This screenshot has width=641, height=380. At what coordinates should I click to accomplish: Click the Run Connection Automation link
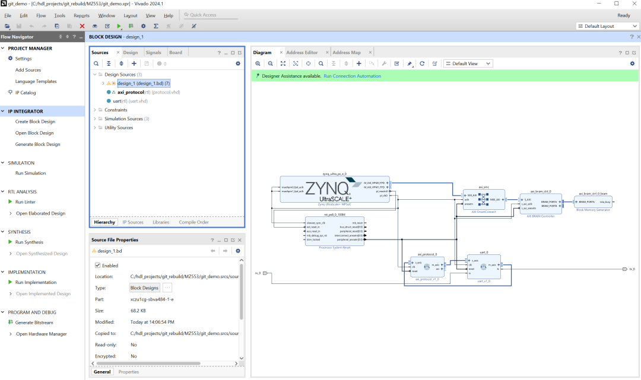[x=352, y=76]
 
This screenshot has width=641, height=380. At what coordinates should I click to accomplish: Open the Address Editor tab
[x=302, y=52]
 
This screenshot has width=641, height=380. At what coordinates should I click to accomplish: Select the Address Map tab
[x=347, y=52]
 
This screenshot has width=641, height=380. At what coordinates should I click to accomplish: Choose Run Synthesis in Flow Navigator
[x=29, y=242]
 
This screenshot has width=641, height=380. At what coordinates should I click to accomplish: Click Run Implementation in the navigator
[x=36, y=282]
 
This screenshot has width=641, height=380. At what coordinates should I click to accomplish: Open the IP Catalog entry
[x=26, y=92]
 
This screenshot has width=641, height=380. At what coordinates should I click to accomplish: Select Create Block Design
[x=35, y=122]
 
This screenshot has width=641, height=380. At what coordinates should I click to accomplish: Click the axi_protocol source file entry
[x=131, y=92]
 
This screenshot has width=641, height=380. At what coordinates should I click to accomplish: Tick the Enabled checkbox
[x=98, y=266]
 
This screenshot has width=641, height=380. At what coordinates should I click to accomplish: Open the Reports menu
[x=81, y=15]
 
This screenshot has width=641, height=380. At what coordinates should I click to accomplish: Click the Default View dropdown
[x=468, y=63]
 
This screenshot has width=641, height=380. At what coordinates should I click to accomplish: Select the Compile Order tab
[x=193, y=222]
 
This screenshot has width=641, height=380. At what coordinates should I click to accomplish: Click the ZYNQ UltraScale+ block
[x=335, y=189]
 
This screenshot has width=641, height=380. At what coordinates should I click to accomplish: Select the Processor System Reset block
[x=334, y=232]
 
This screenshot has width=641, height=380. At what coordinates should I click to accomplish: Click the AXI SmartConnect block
[x=484, y=199]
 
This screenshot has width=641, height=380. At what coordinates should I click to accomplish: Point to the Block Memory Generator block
[x=592, y=202]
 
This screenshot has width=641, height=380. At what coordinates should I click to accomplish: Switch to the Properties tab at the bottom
[x=129, y=372]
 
